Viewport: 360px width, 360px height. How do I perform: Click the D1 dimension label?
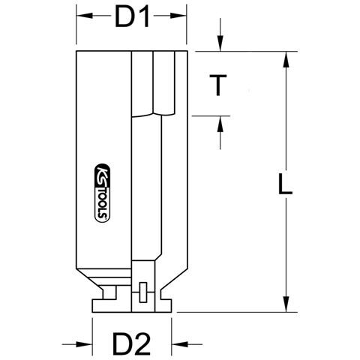132,16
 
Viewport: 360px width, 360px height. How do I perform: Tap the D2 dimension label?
131,344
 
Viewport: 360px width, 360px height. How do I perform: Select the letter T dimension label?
218,85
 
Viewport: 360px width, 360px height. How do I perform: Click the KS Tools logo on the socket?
103,193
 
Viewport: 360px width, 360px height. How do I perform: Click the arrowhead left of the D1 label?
85,16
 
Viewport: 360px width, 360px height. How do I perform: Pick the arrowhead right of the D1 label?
178,16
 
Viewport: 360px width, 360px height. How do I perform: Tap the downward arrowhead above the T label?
220,43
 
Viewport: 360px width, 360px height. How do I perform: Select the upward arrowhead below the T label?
220,124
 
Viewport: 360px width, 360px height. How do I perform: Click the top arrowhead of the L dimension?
286,59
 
